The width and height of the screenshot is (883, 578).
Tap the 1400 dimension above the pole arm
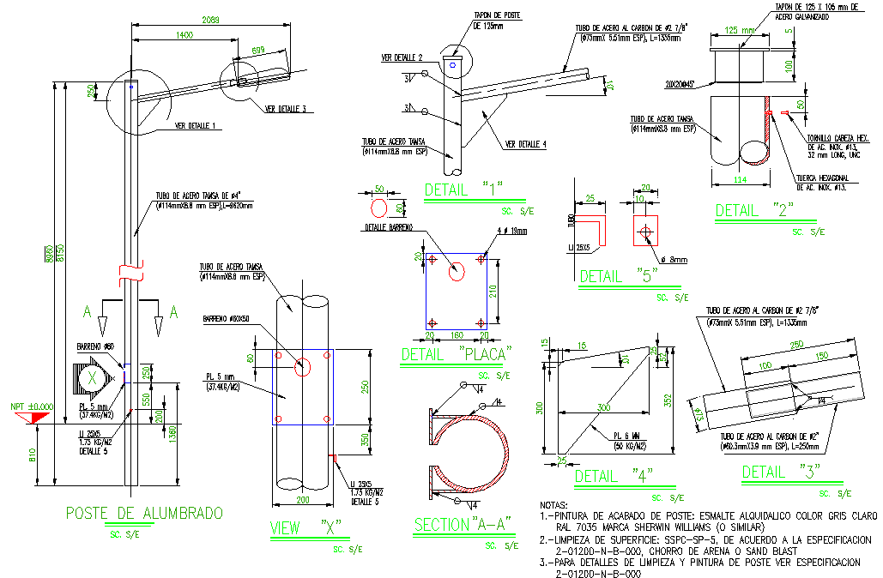pyautogui.click(x=183, y=35)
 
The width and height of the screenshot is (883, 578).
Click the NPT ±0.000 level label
pyautogui.click(x=31, y=407)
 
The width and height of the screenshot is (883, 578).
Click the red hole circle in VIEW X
pyautogui.click(x=302, y=367)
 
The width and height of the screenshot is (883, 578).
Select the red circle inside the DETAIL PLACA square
pyautogui.click(x=457, y=271)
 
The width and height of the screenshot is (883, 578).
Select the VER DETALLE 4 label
pyautogui.click(x=526, y=144)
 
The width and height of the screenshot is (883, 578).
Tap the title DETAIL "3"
pyautogui.click(x=781, y=472)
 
